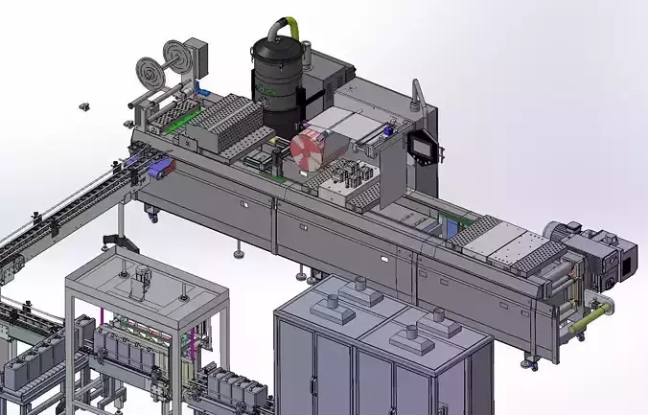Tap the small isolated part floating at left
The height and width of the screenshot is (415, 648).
(x=83, y=104)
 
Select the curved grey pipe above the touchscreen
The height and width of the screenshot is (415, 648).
(x=418, y=96)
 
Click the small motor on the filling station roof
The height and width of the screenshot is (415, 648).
(x=142, y=278)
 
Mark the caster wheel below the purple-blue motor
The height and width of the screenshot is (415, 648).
(x=150, y=216)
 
